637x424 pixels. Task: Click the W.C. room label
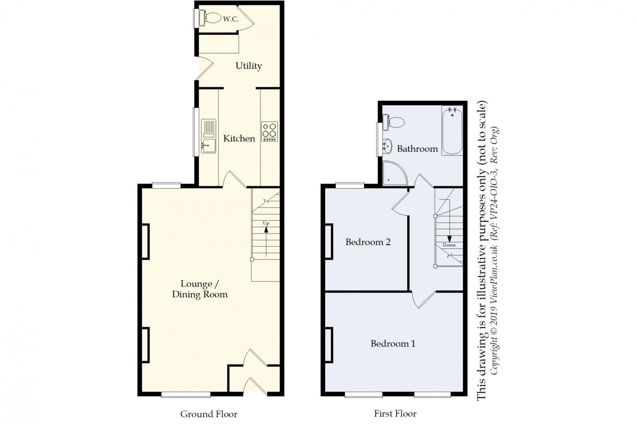pos(230,19)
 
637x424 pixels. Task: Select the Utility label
pos(249,66)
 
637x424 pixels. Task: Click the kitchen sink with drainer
pos(208,136)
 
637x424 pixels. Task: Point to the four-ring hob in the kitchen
pos(270,131)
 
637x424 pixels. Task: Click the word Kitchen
pos(239,138)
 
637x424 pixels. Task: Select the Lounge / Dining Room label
pos(199,289)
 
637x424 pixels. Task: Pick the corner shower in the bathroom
pos(394,173)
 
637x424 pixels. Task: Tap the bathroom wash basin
pos(387,147)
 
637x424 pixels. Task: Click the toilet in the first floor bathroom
pos(394,122)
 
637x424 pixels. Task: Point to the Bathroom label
pos(417,149)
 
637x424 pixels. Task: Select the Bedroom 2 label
pos(368,242)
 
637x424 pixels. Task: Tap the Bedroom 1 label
pos(393,344)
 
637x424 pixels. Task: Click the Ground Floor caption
pos(209,414)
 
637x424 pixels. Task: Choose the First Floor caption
pos(395,413)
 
